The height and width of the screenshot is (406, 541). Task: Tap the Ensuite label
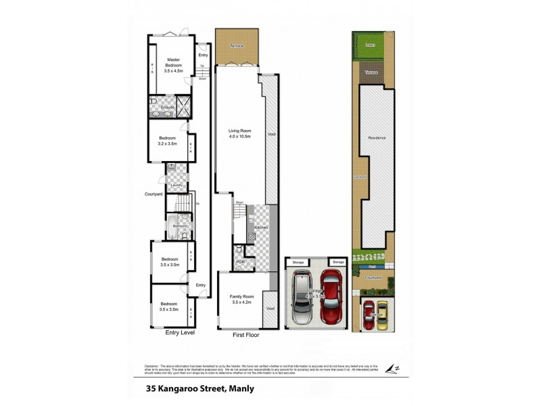167,108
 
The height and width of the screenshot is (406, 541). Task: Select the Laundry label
177,184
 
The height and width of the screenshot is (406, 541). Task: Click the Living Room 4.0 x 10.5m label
239,133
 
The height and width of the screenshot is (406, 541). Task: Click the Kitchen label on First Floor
262,228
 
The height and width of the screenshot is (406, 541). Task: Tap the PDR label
240,262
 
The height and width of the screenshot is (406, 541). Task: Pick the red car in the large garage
331,297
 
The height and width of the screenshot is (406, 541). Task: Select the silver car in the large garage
302,298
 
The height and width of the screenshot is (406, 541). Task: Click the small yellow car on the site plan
382,315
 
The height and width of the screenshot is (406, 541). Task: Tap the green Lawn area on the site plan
370,45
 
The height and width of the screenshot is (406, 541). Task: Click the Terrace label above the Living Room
236,45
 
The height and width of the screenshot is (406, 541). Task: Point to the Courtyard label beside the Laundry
154,194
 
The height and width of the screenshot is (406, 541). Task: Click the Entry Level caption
180,333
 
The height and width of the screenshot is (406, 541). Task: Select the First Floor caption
246,334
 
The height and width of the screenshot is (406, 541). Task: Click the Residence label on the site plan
377,138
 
